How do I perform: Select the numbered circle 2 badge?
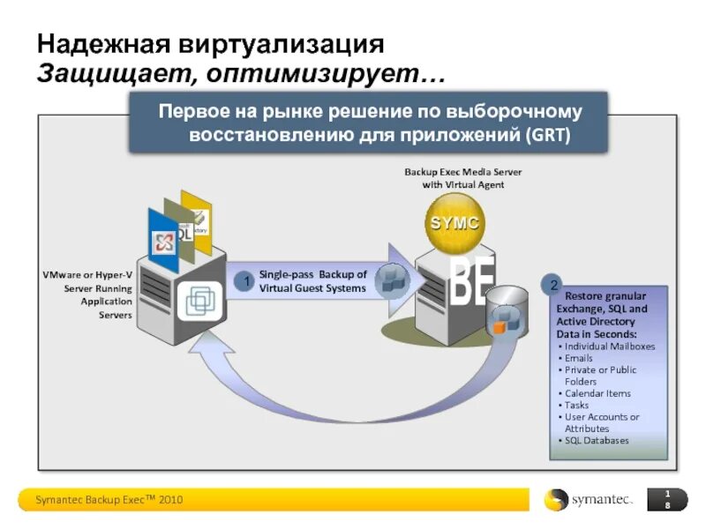pyautogui.click(x=553, y=286)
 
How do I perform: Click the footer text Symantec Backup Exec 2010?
pyautogui.click(x=109, y=500)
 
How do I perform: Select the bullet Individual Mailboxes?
pyautogui.click(x=610, y=346)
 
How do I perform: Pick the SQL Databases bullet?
pyautogui.click(x=597, y=440)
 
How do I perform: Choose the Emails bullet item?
pyautogui.click(x=579, y=359)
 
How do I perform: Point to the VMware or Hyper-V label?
pyautogui.click(x=88, y=275)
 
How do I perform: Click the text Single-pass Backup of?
pyautogui.click(x=313, y=275)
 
